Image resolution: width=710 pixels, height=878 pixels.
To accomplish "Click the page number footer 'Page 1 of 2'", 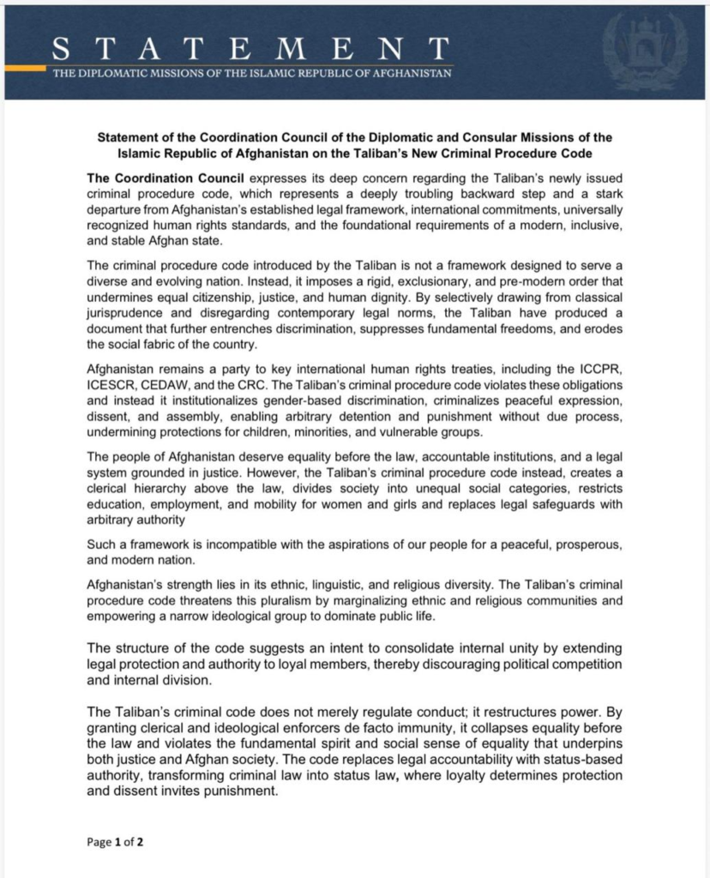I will pyautogui.click(x=115, y=842).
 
